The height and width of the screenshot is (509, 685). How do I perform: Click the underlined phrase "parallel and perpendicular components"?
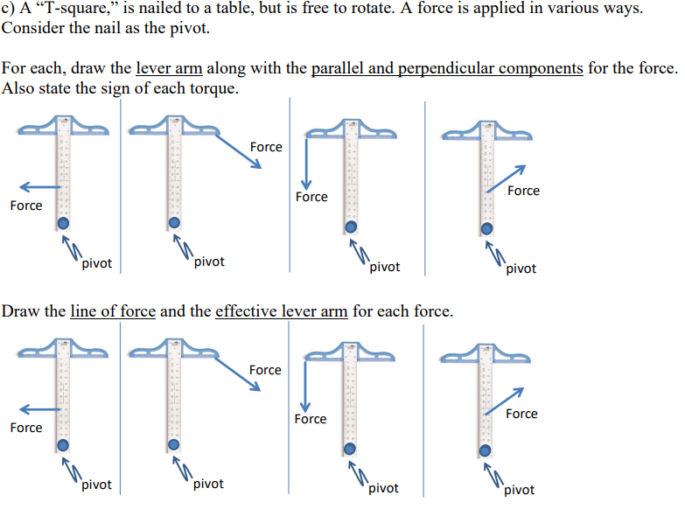point(447,68)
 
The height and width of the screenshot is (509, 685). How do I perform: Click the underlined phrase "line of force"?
point(113,312)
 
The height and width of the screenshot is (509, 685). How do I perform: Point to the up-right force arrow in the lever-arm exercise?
point(506,177)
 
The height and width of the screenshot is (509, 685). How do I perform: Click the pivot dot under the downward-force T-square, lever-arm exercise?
point(350,227)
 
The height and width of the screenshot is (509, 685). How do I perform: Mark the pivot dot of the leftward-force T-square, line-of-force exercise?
point(64,447)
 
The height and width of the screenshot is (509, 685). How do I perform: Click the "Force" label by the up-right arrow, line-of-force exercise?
point(521,414)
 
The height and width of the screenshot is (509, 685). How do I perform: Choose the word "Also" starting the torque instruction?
point(17,89)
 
